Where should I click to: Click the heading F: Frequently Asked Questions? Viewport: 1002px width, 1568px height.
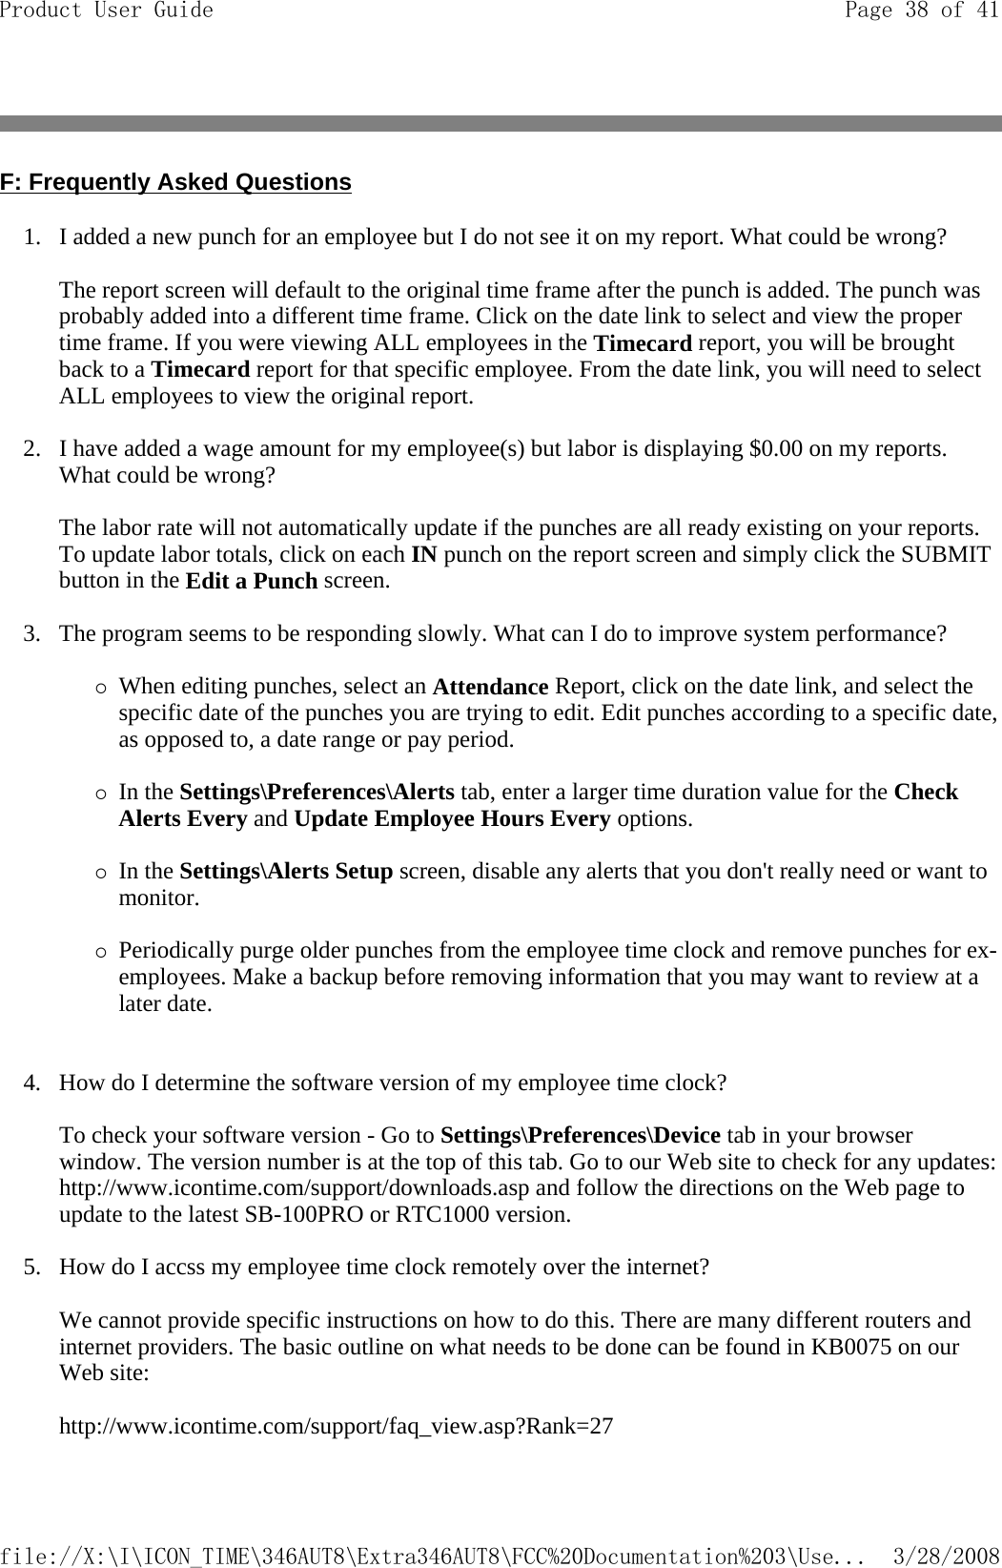click(175, 181)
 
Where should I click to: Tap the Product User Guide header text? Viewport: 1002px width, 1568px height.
click(107, 10)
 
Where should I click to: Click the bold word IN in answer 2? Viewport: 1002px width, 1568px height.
click(423, 555)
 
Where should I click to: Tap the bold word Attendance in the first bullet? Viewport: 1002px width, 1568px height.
click(490, 688)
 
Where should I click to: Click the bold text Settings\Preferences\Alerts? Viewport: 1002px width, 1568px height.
click(317, 793)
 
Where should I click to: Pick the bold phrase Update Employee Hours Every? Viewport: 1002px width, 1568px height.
click(453, 819)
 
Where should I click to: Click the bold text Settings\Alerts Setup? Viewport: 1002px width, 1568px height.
click(286, 872)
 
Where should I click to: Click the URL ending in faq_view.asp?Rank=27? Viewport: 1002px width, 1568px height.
click(337, 1427)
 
